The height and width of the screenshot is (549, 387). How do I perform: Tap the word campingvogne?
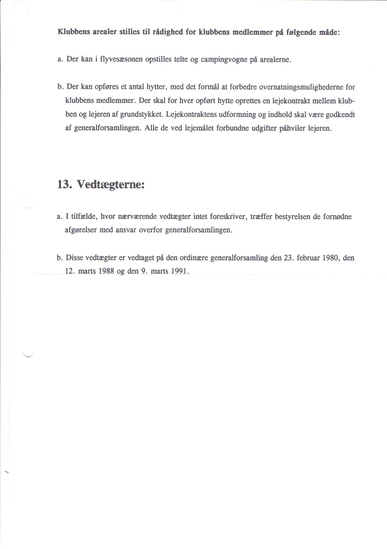click(x=224, y=60)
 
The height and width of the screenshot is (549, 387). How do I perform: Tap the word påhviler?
click(x=292, y=128)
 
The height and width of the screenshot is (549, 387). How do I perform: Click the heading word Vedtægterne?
click(x=111, y=184)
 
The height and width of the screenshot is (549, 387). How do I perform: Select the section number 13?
click(x=65, y=184)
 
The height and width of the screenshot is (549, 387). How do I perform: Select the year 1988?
click(x=106, y=271)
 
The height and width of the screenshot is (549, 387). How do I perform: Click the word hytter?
click(x=156, y=87)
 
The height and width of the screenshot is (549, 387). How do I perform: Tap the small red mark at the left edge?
click(x=6, y=471)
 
